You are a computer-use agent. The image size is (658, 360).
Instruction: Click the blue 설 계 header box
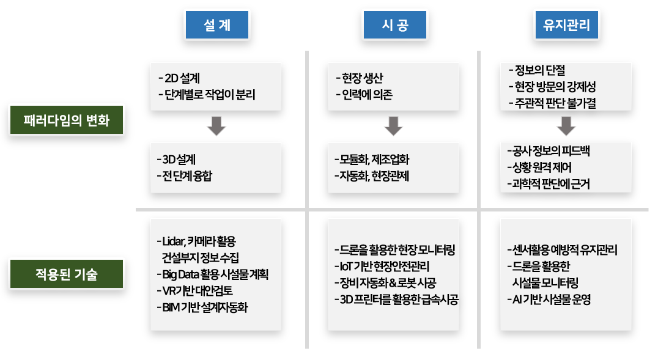(217, 26)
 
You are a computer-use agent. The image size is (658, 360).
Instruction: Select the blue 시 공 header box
(394, 26)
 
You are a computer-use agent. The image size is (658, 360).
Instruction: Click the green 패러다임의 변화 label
(67, 120)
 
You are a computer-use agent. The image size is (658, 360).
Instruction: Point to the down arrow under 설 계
(217, 125)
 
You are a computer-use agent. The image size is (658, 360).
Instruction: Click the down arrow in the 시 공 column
(394, 125)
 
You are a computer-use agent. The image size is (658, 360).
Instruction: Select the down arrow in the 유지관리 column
(566, 125)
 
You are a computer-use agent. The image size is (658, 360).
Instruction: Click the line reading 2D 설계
(183, 78)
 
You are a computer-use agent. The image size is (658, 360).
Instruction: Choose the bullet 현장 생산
(361, 78)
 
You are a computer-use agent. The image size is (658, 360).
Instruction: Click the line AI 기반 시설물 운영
(549, 299)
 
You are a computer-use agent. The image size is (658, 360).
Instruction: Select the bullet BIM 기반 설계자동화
(205, 306)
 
